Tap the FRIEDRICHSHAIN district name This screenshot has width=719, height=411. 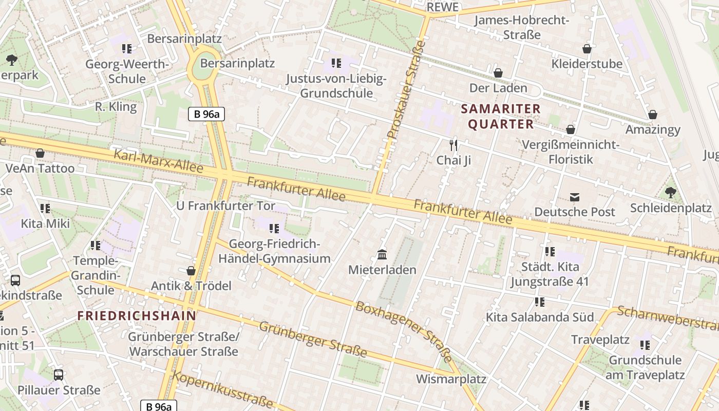coord(137,315)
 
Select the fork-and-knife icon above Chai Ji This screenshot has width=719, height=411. coord(453,145)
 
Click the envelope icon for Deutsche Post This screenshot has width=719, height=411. coord(574,197)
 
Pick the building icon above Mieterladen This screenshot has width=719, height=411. coord(382,255)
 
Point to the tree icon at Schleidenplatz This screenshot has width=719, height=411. coord(670,193)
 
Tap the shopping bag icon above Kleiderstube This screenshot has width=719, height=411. coord(586,49)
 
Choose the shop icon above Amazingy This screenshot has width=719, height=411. coord(653,115)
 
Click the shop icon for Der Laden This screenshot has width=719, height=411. coord(498,73)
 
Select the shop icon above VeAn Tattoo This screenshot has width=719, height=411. coord(40,154)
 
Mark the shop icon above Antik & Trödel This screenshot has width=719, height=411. coord(191,271)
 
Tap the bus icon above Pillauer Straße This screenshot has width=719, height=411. coord(59,375)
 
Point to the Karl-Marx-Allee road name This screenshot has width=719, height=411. coord(158,161)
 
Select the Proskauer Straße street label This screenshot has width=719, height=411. coord(406,90)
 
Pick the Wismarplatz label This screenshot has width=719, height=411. coord(451,379)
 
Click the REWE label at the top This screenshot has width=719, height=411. coord(442,7)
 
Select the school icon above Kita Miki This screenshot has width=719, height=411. coord(45,209)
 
